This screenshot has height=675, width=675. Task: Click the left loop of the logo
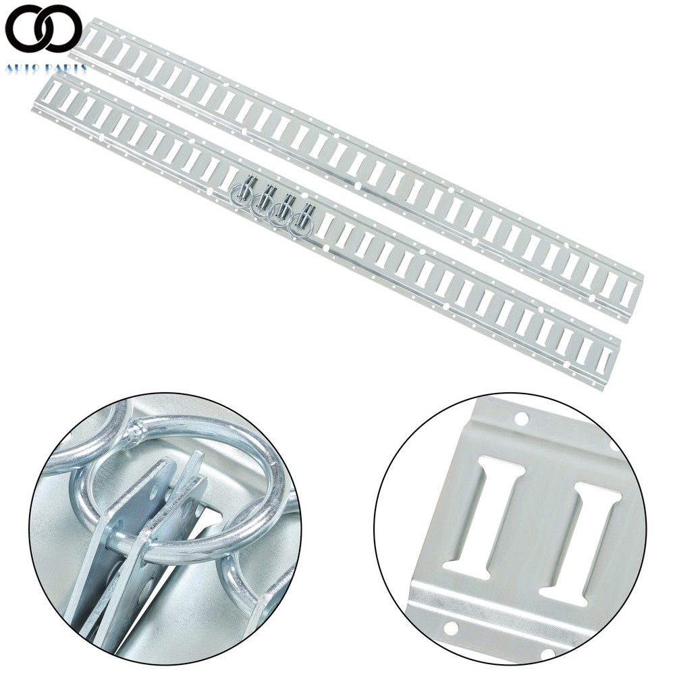pyautogui.click(x=26, y=28)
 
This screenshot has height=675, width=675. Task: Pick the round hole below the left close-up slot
pyautogui.click(x=452, y=629)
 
